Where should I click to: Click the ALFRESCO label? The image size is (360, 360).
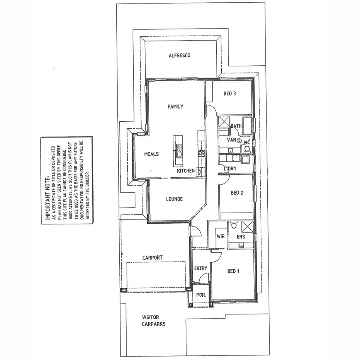point(179,56)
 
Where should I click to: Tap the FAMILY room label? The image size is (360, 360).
point(175,107)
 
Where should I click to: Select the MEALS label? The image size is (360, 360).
point(151,154)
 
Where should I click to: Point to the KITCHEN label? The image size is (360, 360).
point(186,171)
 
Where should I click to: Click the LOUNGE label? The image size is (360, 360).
point(174,199)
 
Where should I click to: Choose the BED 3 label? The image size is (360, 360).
point(229,93)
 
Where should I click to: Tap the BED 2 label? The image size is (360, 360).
point(236,193)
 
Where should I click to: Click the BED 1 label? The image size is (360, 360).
point(233,272)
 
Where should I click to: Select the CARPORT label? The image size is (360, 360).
point(152,258)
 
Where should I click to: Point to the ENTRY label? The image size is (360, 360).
point(200,268)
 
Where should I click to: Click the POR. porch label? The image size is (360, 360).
point(201,295)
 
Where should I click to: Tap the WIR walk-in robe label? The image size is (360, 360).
point(221,236)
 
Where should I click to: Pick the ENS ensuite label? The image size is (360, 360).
point(241,236)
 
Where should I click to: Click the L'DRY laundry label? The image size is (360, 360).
point(231,169)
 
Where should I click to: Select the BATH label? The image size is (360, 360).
point(236,126)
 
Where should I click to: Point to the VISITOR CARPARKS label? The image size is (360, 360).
point(153,320)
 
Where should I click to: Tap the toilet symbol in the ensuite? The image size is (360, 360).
point(233,225)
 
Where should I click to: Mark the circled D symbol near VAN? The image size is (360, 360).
point(239,141)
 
